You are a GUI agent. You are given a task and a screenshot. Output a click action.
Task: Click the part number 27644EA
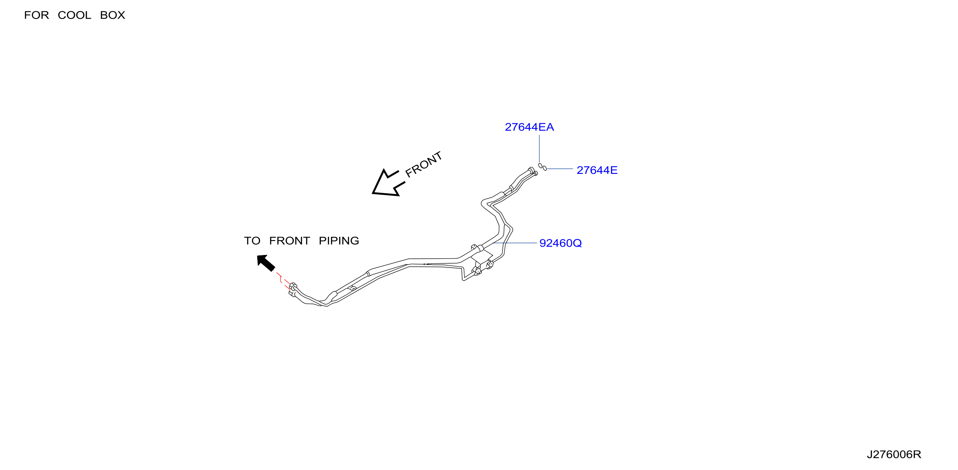529,127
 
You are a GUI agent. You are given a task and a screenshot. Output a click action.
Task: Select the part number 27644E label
597,170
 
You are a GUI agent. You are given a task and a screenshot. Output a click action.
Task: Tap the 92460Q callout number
560,243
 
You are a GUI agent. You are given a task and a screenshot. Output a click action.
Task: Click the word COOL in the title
74,15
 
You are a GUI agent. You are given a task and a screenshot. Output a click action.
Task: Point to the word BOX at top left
113,15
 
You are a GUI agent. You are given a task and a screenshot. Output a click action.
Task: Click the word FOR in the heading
36,15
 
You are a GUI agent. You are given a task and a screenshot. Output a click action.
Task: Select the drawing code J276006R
894,454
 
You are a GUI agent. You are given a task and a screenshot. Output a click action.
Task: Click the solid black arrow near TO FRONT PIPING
265,263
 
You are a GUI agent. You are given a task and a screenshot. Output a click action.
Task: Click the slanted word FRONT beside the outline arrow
424,164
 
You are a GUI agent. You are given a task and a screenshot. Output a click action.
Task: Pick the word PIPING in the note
339,241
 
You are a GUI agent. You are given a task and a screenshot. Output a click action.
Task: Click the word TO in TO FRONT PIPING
252,241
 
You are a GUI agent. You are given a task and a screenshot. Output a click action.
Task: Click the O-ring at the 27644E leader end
545,168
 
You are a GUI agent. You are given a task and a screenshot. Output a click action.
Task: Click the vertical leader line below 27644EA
539,149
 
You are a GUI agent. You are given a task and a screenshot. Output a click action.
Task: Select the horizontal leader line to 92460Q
515,243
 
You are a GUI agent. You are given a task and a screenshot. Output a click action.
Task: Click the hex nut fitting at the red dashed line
293,286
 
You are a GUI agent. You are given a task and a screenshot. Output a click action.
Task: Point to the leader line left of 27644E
560,169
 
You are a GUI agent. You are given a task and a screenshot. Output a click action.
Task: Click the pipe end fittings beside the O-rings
533,171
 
